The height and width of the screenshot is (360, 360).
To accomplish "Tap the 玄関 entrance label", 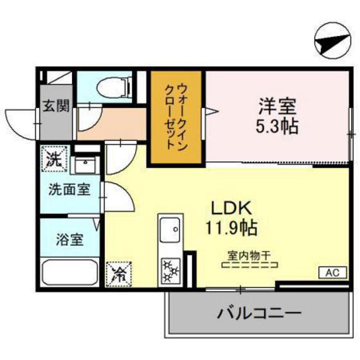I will pos(56,107).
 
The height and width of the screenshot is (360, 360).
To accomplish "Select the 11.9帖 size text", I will pos(232,227).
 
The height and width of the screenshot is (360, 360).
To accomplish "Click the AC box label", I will pos(332,273).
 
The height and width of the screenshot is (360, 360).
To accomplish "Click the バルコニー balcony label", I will pos(258,314).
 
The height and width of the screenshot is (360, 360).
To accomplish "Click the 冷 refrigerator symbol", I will pos(119,274).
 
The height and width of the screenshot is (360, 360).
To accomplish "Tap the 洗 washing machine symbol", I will pos(55,159).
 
